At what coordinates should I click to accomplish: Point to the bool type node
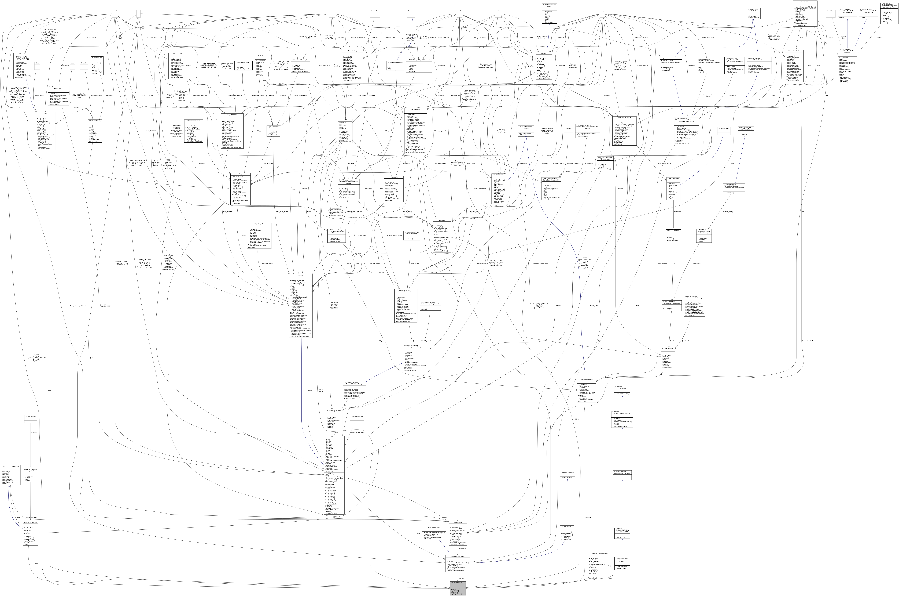[x=460, y=11]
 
